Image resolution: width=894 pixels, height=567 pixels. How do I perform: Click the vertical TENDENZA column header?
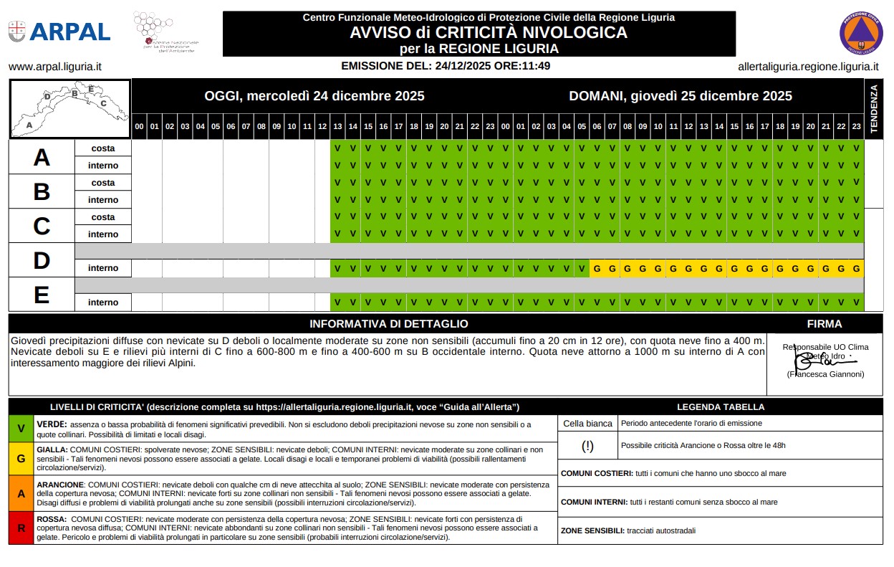point(873,109)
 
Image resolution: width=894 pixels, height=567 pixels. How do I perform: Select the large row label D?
point(42,261)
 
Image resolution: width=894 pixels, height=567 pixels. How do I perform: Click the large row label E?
point(42,295)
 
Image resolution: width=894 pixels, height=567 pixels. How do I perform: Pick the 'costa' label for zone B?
point(103,183)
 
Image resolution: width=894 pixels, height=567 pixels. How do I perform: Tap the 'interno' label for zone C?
point(103,234)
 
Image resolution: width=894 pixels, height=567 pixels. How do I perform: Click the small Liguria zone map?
point(69,109)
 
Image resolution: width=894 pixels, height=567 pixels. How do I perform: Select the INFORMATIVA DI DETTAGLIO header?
point(388,324)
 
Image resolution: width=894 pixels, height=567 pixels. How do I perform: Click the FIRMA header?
point(824,324)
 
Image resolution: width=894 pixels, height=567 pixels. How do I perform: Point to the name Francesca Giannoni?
point(825,374)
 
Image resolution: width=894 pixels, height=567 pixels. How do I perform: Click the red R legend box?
point(21,528)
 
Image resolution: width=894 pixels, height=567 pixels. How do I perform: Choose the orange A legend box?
point(21,493)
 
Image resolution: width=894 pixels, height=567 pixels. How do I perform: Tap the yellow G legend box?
point(21,458)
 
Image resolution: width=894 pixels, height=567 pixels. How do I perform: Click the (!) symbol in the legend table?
point(587,446)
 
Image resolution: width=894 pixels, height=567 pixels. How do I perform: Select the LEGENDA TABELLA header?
point(720,407)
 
